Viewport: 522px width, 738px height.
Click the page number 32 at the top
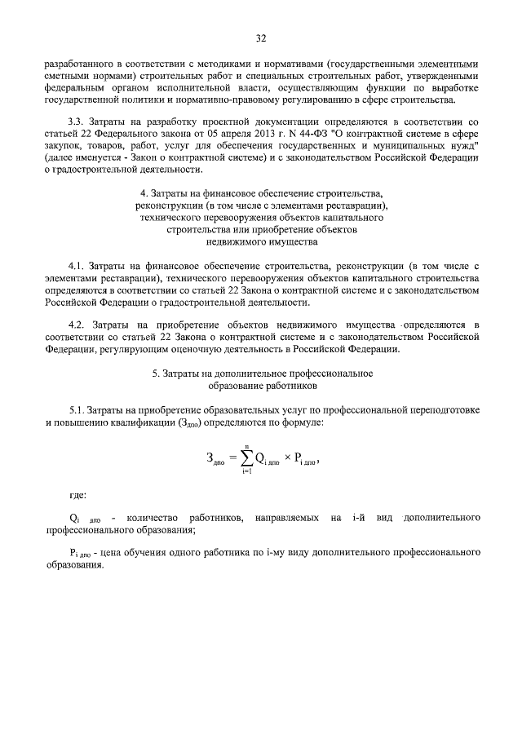261,38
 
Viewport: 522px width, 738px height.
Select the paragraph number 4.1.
77,266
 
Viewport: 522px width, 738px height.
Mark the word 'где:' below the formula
80,495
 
